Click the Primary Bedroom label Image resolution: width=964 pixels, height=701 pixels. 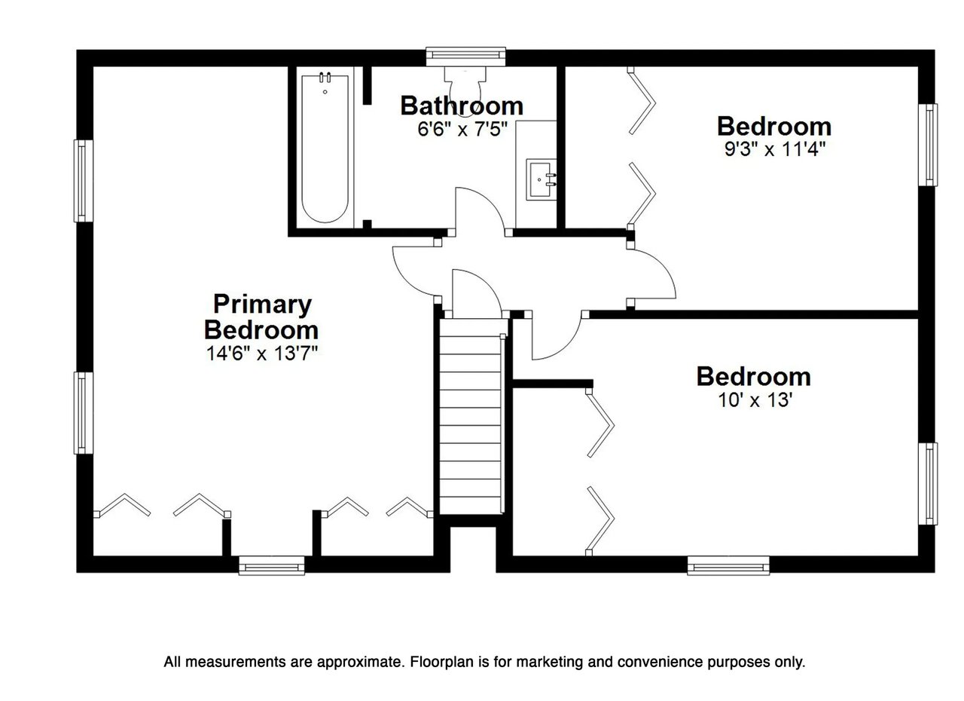[261, 317]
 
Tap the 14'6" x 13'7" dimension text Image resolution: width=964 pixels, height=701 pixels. [261, 353]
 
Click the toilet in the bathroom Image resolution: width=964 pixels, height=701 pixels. [465, 87]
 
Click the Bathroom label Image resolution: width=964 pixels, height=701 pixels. [461, 105]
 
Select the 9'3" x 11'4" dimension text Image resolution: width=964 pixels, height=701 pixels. [774, 148]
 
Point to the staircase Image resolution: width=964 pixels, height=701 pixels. [471, 418]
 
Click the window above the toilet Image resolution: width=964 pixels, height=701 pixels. [465, 54]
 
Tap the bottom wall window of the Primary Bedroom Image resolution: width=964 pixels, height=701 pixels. [272, 565]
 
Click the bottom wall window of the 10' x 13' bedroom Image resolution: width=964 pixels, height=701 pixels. [728, 565]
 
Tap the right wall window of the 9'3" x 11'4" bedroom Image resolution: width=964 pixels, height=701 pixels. [931, 145]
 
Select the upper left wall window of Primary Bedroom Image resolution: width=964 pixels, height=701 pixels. [81, 181]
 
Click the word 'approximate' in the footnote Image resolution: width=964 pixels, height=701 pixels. [358, 663]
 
